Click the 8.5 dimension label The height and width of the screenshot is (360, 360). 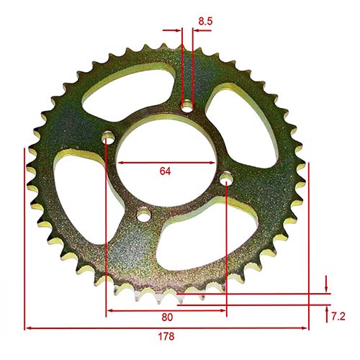click(x=204, y=22)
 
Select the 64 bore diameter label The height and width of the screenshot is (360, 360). click(x=166, y=172)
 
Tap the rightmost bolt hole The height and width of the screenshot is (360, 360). click(x=226, y=178)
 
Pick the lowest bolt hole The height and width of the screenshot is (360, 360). click(x=144, y=214)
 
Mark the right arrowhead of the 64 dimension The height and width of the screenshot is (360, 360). click(x=212, y=163)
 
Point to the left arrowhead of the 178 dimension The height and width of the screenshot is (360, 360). click(x=28, y=328)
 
